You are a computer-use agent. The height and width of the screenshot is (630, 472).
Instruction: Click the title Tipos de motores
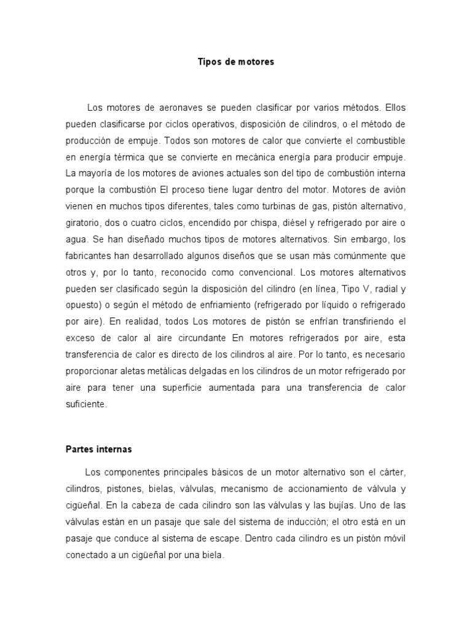pyautogui.click(x=236, y=62)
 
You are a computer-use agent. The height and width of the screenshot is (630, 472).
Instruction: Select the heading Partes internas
pyautogui.click(x=98, y=449)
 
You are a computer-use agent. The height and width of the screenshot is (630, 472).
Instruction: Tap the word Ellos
pyautogui.click(x=393, y=108)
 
